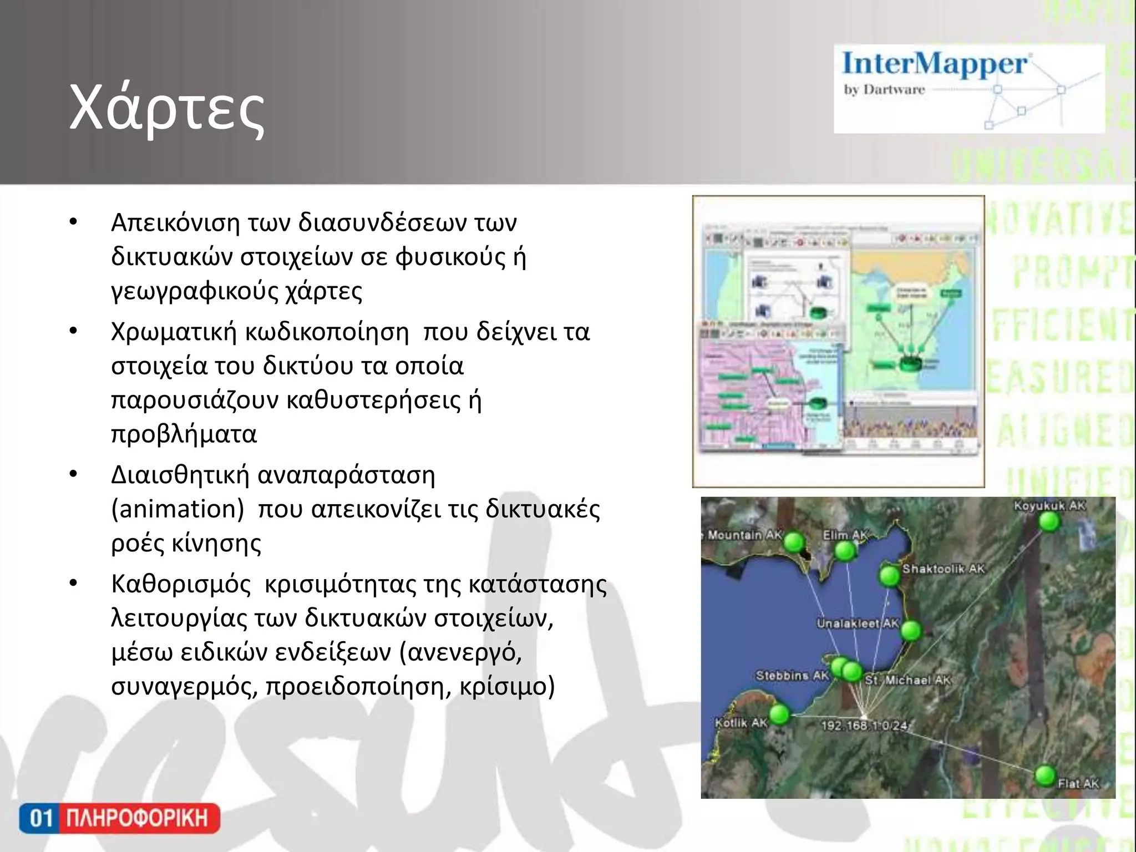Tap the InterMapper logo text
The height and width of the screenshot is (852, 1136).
(935, 64)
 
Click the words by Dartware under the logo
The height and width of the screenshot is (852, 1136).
(884, 90)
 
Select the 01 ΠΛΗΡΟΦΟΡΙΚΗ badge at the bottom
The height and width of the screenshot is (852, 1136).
(119, 818)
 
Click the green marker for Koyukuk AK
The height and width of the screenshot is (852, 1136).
(1049, 522)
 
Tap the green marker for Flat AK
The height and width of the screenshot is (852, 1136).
(1045, 775)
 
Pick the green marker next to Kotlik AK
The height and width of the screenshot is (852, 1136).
(779, 714)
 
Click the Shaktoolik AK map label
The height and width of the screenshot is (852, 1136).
(943, 569)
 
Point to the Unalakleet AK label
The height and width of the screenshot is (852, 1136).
(857, 623)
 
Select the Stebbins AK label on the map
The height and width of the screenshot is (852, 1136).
(792, 676)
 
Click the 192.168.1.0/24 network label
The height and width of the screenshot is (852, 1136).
(864, 726)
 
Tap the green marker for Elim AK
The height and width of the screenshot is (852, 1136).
(845, 551)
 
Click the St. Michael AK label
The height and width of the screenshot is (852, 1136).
(908, 680)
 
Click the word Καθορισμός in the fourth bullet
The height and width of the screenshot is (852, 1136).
(181, 584)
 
